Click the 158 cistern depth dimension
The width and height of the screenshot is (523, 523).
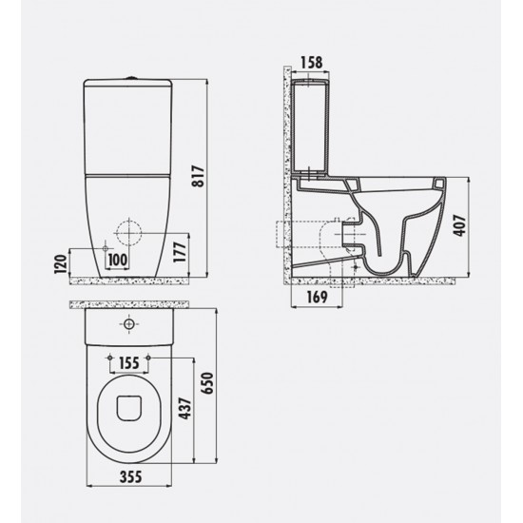[x=311, y=64]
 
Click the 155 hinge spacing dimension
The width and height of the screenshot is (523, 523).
[x=130, y=362]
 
